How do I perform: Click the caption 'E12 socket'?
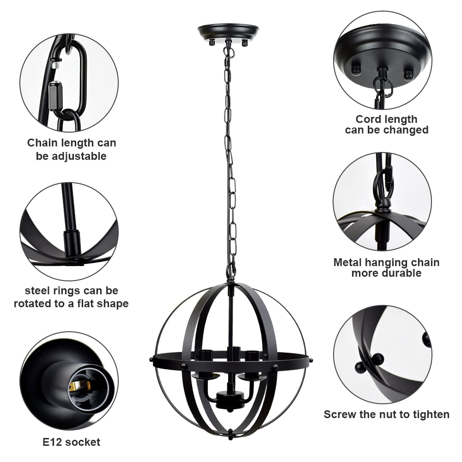coord(71,442)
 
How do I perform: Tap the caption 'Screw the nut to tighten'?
coord(386,414)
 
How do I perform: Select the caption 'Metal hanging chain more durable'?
coord(386,267)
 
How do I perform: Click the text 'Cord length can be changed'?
coord(386,125)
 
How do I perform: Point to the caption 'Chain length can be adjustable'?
coord(71,149)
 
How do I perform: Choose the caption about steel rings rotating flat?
coord(71,297)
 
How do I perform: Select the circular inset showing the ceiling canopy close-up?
coord(383,60)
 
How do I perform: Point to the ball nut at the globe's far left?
coord(151,359)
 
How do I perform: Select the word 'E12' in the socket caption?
coord(53,442)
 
